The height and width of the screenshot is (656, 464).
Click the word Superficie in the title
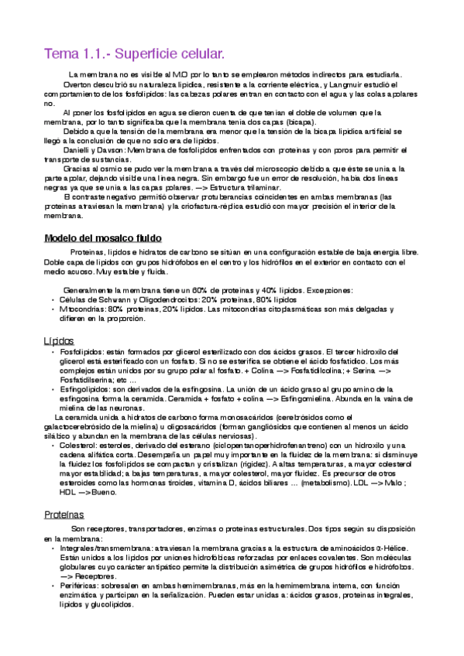click(161, 54)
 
